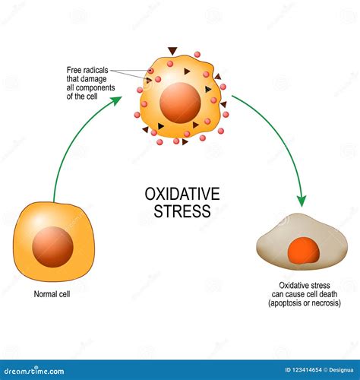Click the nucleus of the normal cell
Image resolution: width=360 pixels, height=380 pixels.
[x=52, y=247]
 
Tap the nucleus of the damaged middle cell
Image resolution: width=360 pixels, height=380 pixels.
[x=180, y=103]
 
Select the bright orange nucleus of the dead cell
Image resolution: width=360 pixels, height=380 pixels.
[x=304, y=251]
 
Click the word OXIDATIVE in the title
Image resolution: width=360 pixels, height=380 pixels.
[x=182, y=194]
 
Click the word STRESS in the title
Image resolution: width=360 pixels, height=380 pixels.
[x=182, y=211]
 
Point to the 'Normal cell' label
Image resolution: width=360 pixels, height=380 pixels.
[x=52, y=294]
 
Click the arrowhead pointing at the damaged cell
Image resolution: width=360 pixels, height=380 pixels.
[x=117, y=100]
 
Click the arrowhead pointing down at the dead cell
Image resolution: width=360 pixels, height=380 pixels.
[x=302, y=201]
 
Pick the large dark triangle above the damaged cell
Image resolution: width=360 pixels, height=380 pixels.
[x=172, y=51]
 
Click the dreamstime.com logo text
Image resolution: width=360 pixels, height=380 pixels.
[x=34, y=372]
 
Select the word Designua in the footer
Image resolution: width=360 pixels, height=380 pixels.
[x=341, y=370]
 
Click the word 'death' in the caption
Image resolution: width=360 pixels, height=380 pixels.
[x=328, y=294]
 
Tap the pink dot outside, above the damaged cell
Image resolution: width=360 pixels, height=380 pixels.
[x=197, y=55]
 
